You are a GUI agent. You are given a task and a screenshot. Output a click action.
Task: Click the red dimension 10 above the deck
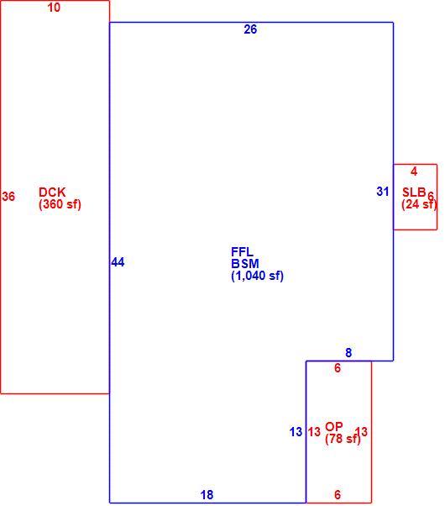54,8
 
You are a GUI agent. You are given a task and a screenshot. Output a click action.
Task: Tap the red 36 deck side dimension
8,196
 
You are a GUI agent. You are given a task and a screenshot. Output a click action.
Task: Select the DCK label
52,192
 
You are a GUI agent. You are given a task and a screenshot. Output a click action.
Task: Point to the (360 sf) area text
60,204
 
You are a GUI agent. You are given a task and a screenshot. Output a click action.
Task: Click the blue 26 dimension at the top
250,29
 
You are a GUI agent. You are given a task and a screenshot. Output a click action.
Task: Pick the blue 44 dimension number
118,262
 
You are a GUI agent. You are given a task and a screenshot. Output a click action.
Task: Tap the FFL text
242,251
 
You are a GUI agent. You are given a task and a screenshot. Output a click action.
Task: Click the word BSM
245,264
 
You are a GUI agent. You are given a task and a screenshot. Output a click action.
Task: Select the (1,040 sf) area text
257,276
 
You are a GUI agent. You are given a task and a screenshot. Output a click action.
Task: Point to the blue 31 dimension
383,192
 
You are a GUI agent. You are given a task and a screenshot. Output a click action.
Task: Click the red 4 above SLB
414,171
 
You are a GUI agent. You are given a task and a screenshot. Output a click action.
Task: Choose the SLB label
415,192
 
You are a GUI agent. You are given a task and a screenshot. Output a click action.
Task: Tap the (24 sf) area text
419,204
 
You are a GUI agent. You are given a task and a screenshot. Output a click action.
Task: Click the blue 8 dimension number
348,353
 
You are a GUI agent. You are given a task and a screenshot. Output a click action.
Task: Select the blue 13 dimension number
296,432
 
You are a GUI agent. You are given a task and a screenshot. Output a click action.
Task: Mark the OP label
334,427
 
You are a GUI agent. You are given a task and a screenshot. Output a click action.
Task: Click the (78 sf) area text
343,439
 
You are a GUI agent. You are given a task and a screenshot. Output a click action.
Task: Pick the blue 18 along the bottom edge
207,495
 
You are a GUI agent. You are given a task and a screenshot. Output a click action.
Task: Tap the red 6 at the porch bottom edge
338,495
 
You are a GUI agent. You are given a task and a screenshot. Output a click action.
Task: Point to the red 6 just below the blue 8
338,368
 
